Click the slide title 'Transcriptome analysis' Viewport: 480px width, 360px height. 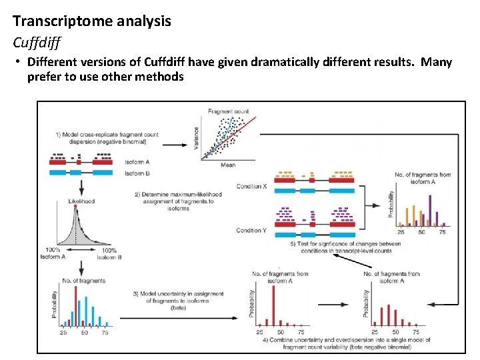pos(92,21)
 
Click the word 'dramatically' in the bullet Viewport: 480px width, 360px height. pos(293,63)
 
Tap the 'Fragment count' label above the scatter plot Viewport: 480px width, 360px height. pos(228,111)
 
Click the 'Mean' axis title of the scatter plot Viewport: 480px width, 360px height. pos(227,165)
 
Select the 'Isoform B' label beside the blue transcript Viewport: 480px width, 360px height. pos(137,173)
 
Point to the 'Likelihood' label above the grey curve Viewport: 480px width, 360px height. pos(81,201)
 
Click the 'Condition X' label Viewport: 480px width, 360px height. pos(252,186)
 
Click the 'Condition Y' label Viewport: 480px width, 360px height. pos(252,231)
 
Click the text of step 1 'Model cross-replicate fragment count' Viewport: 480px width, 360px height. pos(107,135)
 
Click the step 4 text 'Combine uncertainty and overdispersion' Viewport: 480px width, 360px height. pos(347,340)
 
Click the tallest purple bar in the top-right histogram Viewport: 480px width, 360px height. pos(430,209)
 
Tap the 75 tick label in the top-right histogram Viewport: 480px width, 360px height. pos(442,233)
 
